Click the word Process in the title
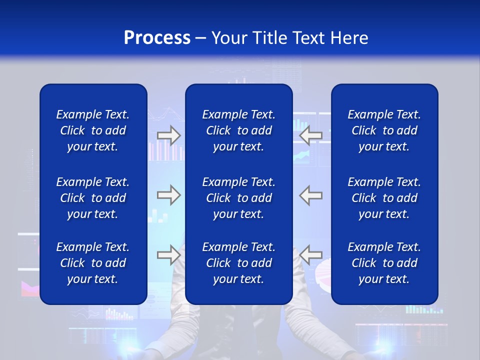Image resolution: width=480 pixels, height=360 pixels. [x=157, y=38]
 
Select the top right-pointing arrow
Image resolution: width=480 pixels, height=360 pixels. [x=168, y=135]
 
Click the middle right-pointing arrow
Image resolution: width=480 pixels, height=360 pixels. [x=168, y=195]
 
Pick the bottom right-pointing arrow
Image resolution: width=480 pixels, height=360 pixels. [x=168, y=255]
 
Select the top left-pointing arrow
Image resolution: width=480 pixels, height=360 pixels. [x=311, y=135]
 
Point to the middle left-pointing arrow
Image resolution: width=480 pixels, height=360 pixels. [x=311, y=195]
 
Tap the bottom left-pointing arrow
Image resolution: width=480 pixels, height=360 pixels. [x=311, y=255]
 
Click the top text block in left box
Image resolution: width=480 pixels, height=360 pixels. [x=93, y=130]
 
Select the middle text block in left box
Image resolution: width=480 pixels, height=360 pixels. [x=93, y=198]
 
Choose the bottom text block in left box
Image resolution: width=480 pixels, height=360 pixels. [x=93, y=263]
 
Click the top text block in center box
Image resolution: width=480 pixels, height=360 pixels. [x=238, y=130]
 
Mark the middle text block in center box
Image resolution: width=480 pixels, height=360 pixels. [x=238, y=198]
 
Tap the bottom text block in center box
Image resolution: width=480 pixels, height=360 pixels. [x=238, y=263]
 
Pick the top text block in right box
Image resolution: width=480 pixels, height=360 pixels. [x=384, y=130]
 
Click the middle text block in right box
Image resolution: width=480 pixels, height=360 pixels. [x=384, y=198]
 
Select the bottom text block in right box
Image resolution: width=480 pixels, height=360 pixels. [x=384, y=263]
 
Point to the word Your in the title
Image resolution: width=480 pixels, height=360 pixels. [x=229, y=38]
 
